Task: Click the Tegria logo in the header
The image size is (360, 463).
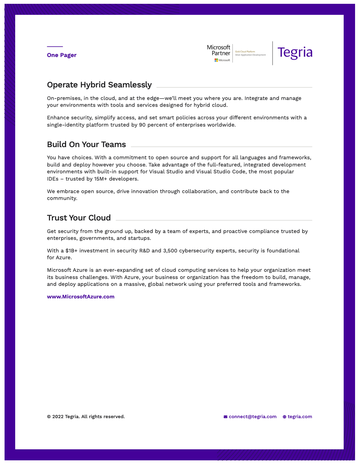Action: [x=295, y=53]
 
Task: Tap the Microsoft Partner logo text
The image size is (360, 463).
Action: [x=219, y=50]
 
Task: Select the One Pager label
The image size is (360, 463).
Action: [x=62, y=55]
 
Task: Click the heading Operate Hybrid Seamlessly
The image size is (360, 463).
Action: [x=99, y=85]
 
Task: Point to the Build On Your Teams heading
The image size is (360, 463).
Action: [x=86, y=144]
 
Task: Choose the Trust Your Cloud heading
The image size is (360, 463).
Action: [x=79, y=218]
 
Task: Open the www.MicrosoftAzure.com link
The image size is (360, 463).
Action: [x=81, y=297]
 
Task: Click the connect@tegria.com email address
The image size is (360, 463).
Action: [x=253, y=417]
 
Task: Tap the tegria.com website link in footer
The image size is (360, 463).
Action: [x=300, y=417]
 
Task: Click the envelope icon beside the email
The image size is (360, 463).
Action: [x=226, y=417]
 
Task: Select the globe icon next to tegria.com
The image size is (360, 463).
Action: [x=284, y=417]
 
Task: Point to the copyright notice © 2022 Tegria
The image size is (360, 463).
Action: [x=86, y=417]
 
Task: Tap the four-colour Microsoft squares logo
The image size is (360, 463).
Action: [x=216, y=60]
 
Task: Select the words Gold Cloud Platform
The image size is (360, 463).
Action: [x=245, y=51]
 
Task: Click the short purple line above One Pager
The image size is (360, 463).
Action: [x=55, y=47]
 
